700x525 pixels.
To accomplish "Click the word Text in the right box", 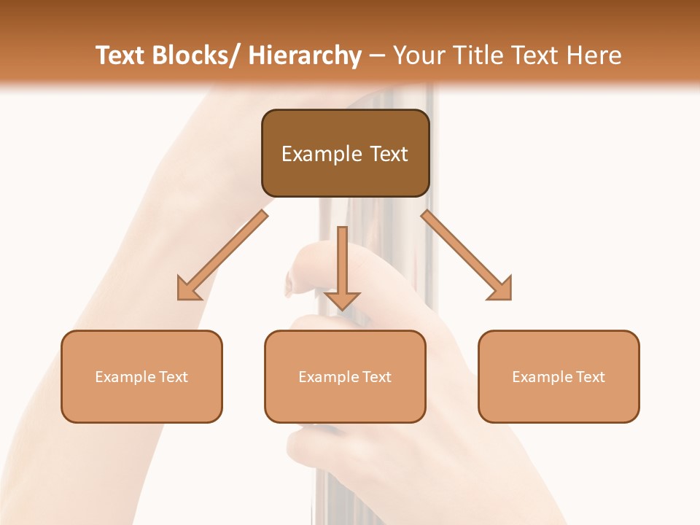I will click(x=589, y=377).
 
